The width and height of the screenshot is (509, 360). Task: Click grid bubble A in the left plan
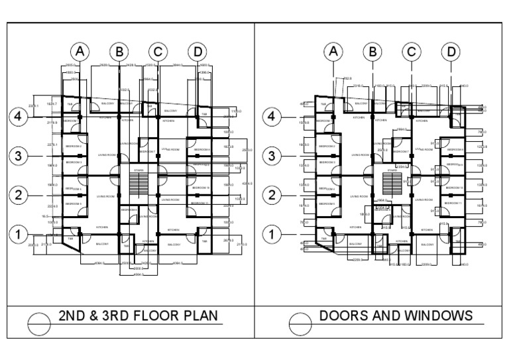pyautogui.click(x=80, y=51)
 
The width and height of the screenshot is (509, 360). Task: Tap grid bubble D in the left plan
pyautogui.click(x=196, y=51)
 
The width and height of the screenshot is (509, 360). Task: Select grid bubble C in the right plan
pyautogui.click(x=412, y=51)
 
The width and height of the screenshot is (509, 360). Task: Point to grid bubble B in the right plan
pyautogui.click(x=373, y=51)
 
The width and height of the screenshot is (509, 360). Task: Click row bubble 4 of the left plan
pyautogui.click(x=18, y=117)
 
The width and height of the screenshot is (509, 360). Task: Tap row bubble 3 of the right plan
pyautogui.click(x=272, y=156)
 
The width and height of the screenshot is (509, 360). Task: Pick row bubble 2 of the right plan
pyautogui.click(x=272, y=195)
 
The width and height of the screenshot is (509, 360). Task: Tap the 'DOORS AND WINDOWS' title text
pyautogui.click(x=396, y=315)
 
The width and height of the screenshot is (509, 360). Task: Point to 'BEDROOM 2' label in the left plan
pyautogui.click(x=74, y=146)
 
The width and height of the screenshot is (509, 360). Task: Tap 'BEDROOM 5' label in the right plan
pyautogui.click(x=328, y=203)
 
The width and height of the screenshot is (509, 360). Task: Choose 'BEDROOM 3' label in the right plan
pyautogui.click(x=328, y=162)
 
